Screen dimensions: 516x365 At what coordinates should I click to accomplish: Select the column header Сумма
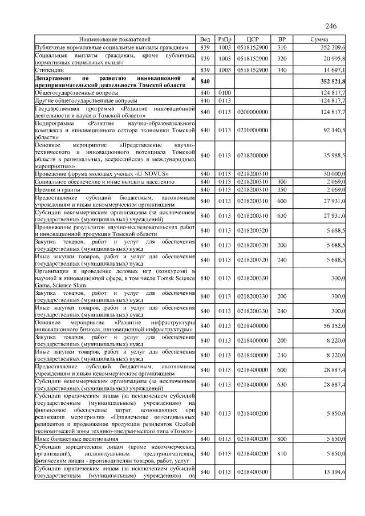[x=319, y=39]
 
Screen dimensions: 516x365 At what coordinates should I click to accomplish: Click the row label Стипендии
[x=48, y=70]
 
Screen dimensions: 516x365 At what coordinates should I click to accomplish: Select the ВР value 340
[x=281, y=70]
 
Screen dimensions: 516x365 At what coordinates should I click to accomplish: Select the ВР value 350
[x=281, y=189]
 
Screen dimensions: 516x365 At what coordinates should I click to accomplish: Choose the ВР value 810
[x=281, y=453]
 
